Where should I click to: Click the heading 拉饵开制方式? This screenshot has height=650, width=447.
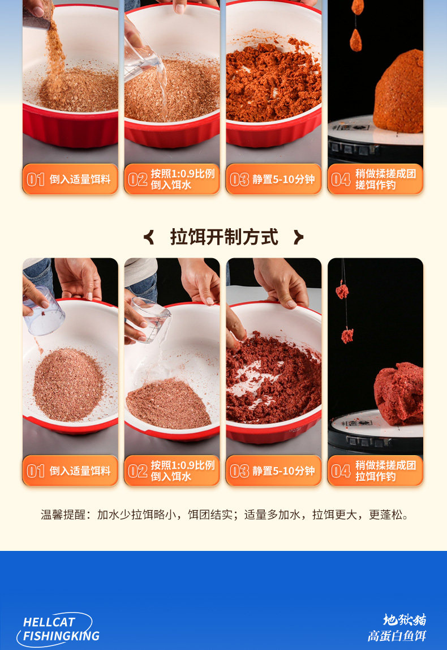(x=224, y=237)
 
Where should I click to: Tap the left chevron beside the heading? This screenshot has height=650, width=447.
(x=149, y=237)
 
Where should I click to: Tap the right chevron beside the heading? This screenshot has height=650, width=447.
(x=298, y=237)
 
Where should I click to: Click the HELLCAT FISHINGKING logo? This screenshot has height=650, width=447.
(x=58, y=629)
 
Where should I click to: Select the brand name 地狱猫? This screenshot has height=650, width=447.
(x=405, y=620)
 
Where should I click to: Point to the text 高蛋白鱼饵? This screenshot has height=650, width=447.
(x=397, y=636)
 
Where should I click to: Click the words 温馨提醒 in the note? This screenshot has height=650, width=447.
(x=63, y=515)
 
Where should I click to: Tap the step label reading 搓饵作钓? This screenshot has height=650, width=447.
(x=375, y=185)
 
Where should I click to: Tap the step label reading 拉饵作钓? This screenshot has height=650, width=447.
(x=375, y=477)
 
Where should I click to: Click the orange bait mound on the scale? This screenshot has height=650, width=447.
(x=398, y=92)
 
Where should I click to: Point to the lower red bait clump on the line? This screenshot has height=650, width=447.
(x=347, y=335)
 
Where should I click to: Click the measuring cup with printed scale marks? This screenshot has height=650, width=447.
(x=151, y=320)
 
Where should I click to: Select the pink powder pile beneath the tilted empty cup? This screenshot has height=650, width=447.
(x=68, y=384)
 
